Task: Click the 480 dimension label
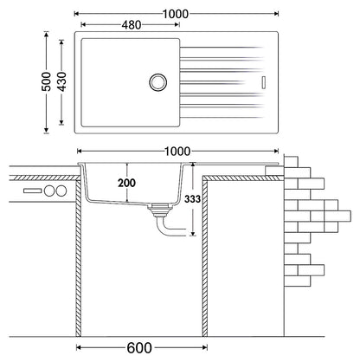click(x=132, y=25)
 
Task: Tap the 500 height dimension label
click(x=46, y=81)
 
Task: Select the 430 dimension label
click(x=61, y=81)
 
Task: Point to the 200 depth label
click(x=126, y=183)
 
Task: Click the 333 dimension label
click(x=192, y=199)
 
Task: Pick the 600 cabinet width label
click(x=139, y=348)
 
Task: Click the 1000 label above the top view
click(x=176, y=14)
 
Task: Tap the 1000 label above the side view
click(x=177, y=152)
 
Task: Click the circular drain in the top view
click(x=157, y=82)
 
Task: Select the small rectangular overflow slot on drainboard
click(x=263, y=82)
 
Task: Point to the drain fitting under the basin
click(x=157, y=210)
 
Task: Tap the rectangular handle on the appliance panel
click(x=33, y=191)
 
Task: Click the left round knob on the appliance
click(x=49, y=191)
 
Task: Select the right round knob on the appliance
click(x=61, y=191)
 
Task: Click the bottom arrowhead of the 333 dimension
click(x=193, y=233)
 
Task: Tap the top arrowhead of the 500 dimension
click(x=46, y=35)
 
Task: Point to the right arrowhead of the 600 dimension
click(x=204, y=347)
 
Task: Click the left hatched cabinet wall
click(x=79, y=257)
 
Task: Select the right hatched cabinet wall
click(x=204, y=257)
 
